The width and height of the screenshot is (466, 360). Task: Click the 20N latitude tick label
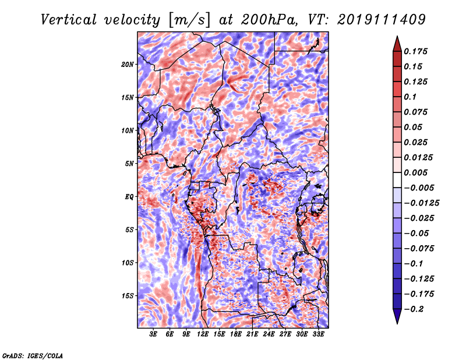point(128,65)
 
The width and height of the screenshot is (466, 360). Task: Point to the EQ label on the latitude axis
point(129,197)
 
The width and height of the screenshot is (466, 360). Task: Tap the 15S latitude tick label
point(128,296)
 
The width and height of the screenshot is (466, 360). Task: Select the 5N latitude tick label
point(129,164)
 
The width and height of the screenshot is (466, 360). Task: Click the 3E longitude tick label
point(153,334)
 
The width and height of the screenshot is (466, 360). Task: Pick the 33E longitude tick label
point(318,334)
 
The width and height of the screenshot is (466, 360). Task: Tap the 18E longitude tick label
point(236,334)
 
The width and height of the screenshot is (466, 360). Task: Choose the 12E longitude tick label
point(203,334)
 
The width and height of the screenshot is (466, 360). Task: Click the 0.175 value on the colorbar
point(415,51)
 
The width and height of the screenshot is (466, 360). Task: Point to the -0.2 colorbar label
point(414,309)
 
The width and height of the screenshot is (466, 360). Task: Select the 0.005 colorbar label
point(415,172)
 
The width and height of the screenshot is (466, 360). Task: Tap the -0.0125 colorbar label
point(421,203)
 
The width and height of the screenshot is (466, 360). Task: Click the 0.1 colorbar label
point(410,97)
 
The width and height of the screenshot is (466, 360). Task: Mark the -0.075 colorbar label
point(419,249)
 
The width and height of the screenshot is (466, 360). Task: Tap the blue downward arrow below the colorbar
point(397,316)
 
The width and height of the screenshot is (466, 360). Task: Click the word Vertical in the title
point(69,20)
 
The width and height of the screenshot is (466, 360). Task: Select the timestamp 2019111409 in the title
point(382,20)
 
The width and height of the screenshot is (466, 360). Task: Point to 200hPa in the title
point(269,20)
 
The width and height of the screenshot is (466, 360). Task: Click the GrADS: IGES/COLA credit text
point(33,355)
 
